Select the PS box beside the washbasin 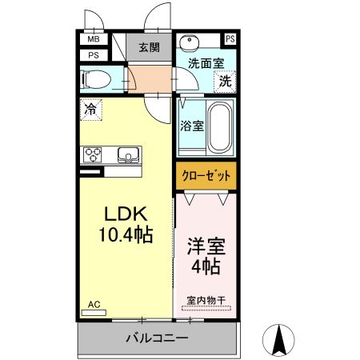pyautogui.click(x=230, y=39)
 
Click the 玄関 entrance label pyautogui.click(x=150, y=48)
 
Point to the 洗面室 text pyautogui.click(x=205, y=63)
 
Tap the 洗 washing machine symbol pyautogui.click(x=226, y=81)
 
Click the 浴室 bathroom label pyautogui.click(x=191, y=126)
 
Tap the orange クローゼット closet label pyautogui.click(x=206, y=175)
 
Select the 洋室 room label pyautogui.click(x=206, y=245)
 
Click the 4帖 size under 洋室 pyautogui.click(x=206, y=266)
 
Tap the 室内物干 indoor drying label pyautogui.click(x=206, y=301)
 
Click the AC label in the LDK pyautogui.click(x=94, y=304)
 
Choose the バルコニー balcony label pyautogui.click(x=157, y=338)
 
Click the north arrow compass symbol pyautogui.click(x=280, y=340)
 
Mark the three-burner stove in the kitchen pyautogui.click(x=92, y=154)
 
